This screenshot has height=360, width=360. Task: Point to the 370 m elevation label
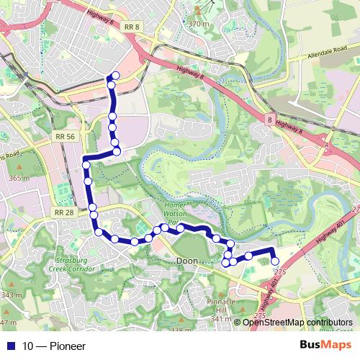[198, 24]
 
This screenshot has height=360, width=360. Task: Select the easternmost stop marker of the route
[274, 261]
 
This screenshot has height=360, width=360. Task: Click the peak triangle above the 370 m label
[197, 12]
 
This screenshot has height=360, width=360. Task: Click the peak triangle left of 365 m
[2, 178]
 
